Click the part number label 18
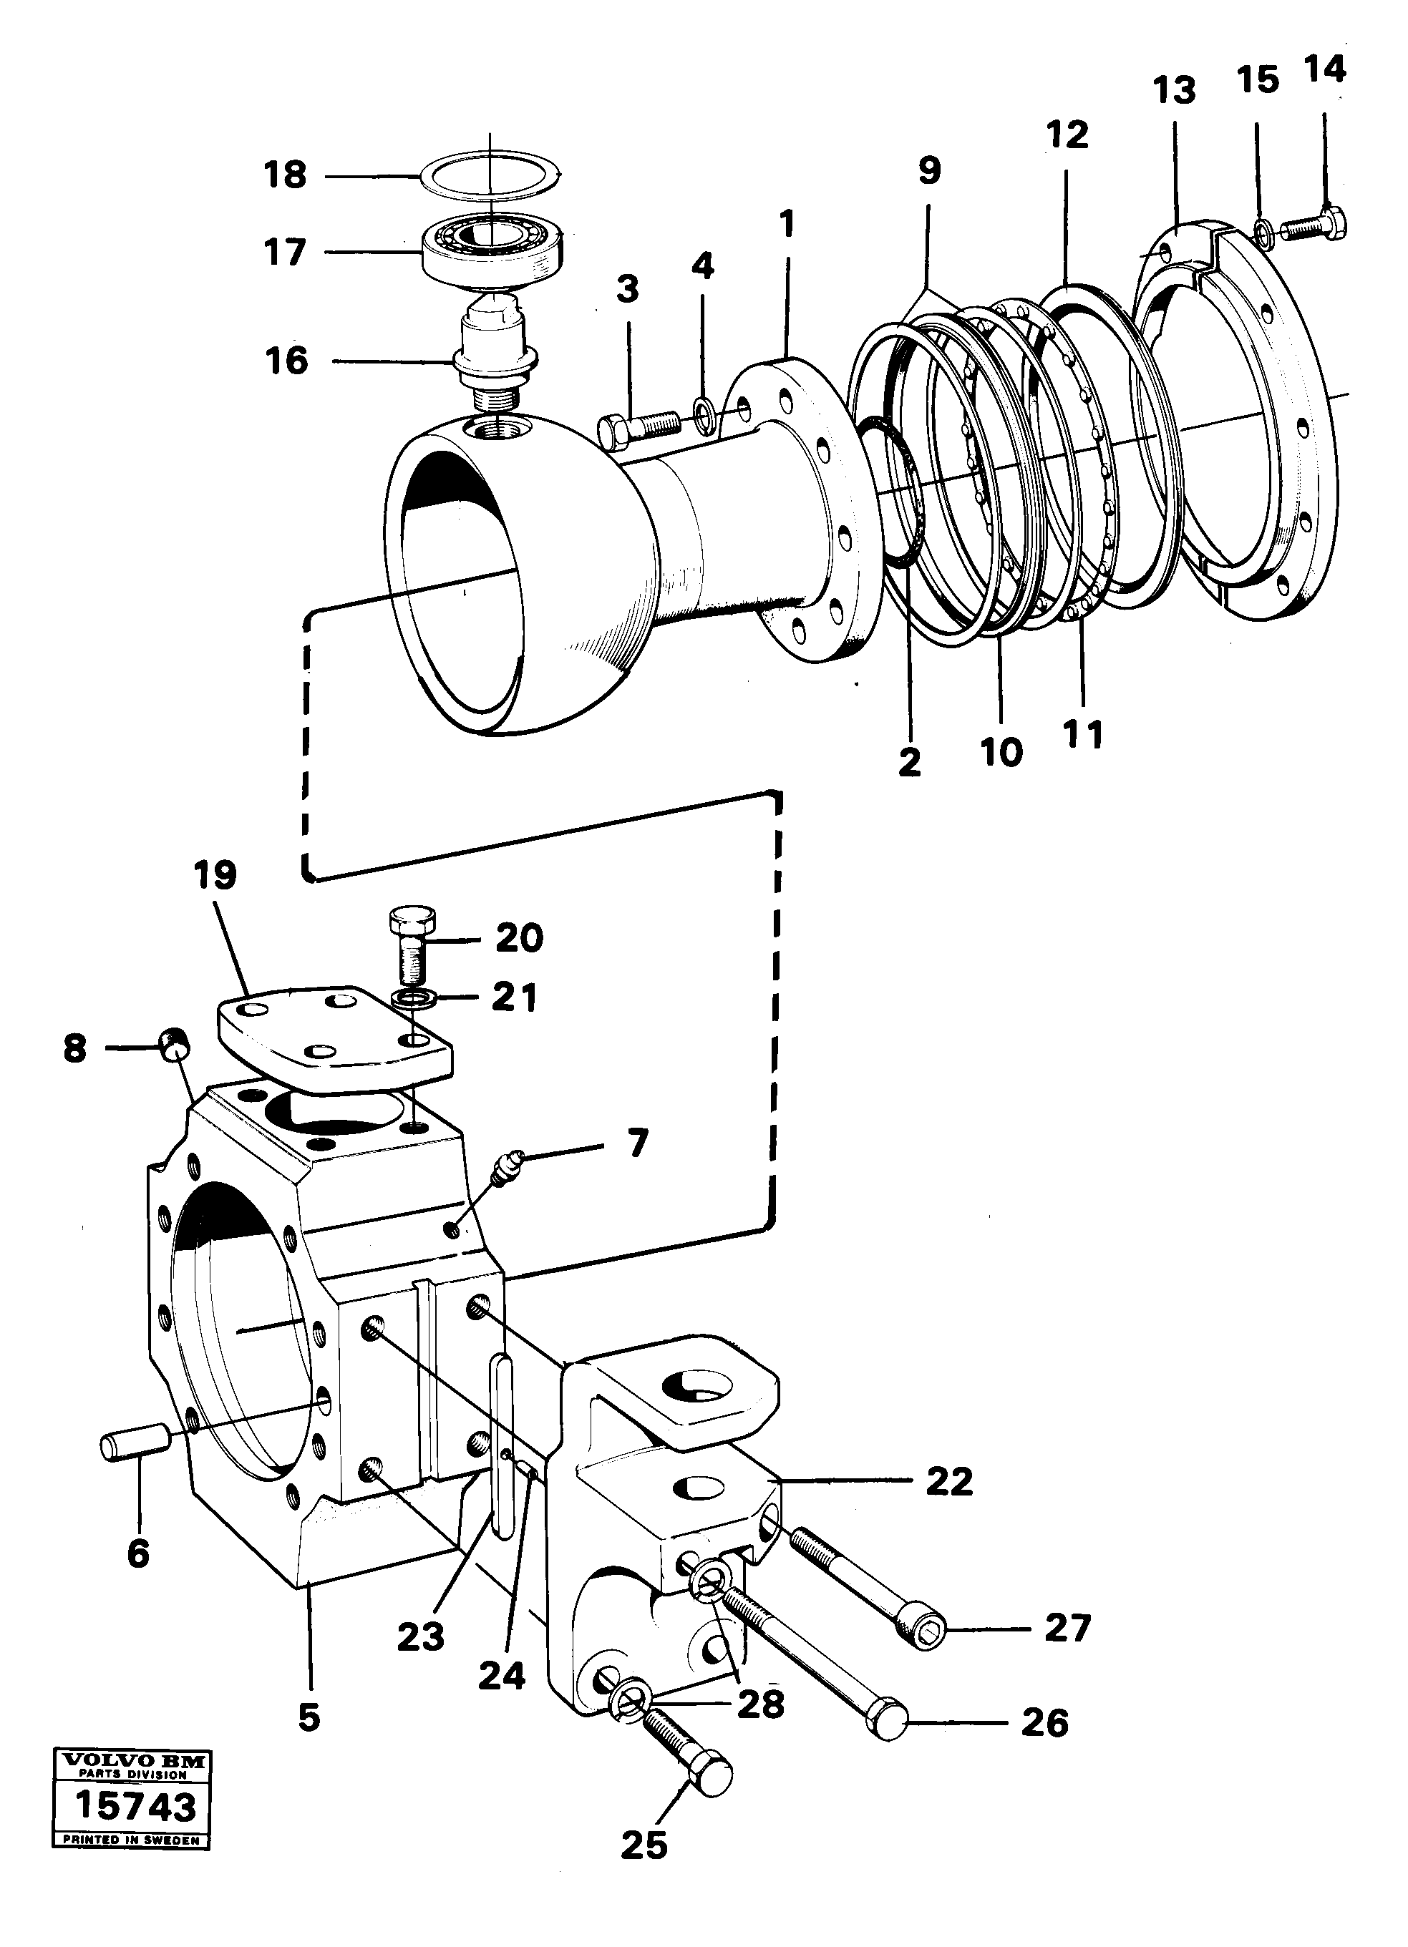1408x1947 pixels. pyautogui.click(x=286, y=175)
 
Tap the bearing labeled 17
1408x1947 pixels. pyautogui.click(x=490, y=244)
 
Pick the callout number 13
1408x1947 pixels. pyautogui.click(x=1175, y=91)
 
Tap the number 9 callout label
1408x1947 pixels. pyautogui.click(x=929, y=171)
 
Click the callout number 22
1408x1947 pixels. pyautogui.click(x=950, y=1482)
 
